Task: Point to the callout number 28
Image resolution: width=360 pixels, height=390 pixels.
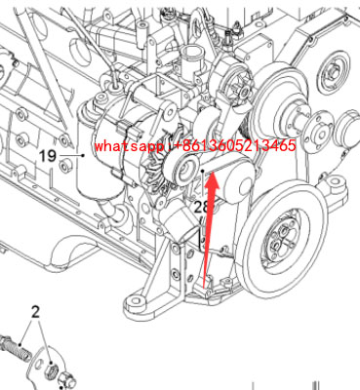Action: [x=202, y=207]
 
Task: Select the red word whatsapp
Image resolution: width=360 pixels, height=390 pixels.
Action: [x=124, y=146]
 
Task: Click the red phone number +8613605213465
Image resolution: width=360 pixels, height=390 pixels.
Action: [x=230, y=146]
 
